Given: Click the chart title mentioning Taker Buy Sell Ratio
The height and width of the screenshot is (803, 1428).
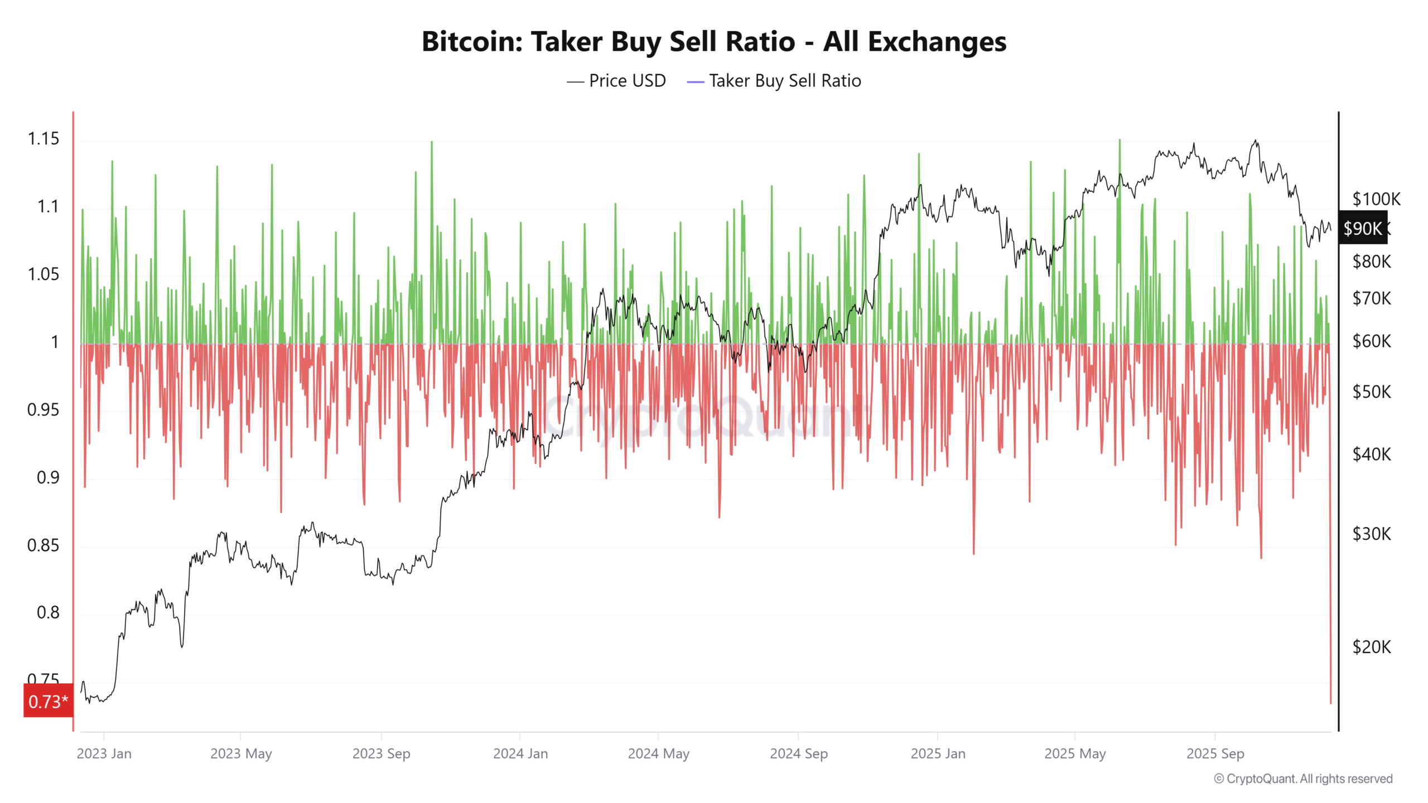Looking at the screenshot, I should tap(713, 42).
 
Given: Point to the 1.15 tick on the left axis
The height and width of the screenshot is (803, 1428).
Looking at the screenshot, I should tap(44, 139).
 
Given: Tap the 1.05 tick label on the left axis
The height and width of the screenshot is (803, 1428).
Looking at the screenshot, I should tap(44, 274).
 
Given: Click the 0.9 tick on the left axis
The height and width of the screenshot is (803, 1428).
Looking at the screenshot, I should tap(48, 478).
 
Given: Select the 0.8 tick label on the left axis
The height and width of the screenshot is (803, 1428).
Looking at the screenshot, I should tap(48, 613).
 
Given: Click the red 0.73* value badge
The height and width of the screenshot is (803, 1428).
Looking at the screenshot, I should tap(48, 701).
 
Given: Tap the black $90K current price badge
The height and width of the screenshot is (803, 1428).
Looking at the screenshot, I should tap(1362, 229).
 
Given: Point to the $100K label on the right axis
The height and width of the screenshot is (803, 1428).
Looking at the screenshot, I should tap(1376, 199).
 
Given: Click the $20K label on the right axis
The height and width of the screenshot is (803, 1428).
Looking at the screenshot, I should tap(1371, 647).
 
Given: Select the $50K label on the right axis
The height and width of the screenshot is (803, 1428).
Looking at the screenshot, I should tap(1371, 392).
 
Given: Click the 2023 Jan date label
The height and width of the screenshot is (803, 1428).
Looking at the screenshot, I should tap(104, 754).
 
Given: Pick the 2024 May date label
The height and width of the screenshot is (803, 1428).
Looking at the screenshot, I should tap(658, 754).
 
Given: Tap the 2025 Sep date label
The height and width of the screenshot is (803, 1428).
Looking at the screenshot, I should tap(1215, 754).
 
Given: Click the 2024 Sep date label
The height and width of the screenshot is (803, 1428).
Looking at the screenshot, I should tap(798, 754).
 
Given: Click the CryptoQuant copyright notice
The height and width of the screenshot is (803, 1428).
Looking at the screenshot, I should tap(1303, 779).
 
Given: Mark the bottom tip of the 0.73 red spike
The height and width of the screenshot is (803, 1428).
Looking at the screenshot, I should tap(1330, 703).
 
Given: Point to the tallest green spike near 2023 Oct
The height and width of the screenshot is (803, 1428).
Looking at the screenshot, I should tap(431, 143).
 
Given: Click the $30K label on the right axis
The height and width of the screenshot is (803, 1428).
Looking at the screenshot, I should tap(1371, 534).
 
